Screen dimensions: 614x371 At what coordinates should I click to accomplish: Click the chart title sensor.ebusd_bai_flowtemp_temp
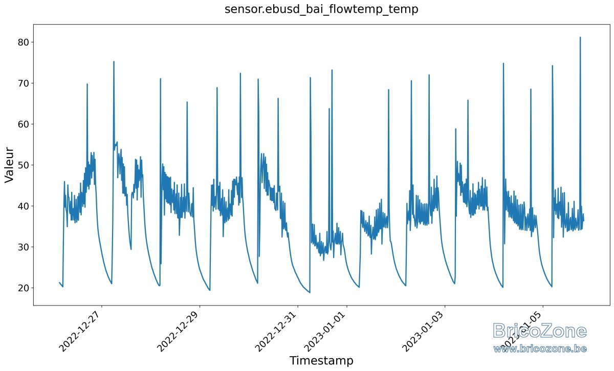coord(321,9)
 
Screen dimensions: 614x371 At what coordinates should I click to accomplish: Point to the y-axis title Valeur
coord(9,165)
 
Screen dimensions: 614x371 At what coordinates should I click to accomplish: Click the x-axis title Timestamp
coord(321,360)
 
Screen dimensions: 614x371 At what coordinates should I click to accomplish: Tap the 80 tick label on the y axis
coord(24,42)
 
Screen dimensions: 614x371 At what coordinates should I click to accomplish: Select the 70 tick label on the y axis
coord(24,83)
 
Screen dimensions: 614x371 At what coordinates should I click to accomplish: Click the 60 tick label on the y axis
coord(24,124)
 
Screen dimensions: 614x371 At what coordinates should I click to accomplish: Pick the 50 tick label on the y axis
coord(24,165)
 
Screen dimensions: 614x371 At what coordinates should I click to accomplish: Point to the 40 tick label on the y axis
coord(24,206)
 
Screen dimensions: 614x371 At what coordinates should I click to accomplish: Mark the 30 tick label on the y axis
coord(24,247)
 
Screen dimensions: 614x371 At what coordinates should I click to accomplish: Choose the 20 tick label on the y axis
coord(24,288)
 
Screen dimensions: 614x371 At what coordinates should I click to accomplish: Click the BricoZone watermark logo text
coord(540,331)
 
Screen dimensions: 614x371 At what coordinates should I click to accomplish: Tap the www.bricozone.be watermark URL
coord(540,349)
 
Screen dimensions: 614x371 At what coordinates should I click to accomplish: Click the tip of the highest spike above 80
coord(580,37)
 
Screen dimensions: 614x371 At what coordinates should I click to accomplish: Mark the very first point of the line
coord(59,282)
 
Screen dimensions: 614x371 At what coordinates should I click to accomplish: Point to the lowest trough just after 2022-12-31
coord(310,293)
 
